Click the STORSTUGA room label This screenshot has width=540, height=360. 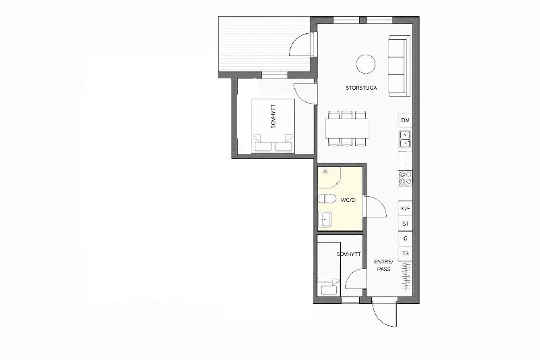(361, 88)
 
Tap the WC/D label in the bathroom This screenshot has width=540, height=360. (348, 200)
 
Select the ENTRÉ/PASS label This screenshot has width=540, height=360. (383, 265)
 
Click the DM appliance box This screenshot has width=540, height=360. (406, 121)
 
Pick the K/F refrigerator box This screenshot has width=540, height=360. (406, 209)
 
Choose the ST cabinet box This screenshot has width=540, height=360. (406, 224)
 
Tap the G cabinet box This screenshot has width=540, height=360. (406, 238)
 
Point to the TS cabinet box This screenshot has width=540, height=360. (406, 253)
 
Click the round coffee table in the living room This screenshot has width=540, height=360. (365, 63)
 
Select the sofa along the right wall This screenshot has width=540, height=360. (400, 66)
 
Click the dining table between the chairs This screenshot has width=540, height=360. (347, 128)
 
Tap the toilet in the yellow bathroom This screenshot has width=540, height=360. (327, 199)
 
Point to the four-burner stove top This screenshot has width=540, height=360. (406, 178)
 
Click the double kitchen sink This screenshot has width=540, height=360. (406, 138)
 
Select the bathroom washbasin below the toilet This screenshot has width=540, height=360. (325, 219)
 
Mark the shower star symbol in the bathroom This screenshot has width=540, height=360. (325, 170)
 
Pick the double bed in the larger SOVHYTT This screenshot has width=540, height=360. (273, 126)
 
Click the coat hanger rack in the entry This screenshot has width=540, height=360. (407, 276)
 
